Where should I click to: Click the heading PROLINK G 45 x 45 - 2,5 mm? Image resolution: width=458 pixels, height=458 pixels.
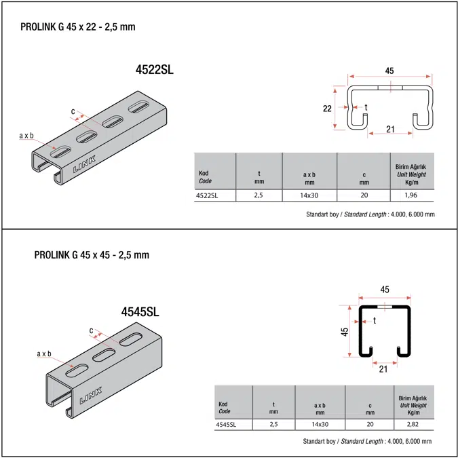pos(92,255)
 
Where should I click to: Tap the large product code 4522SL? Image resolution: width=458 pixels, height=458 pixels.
pos(155,69)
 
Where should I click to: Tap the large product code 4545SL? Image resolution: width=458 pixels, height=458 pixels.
pos(140,312)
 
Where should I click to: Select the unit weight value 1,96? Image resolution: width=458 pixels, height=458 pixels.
pos(410,195)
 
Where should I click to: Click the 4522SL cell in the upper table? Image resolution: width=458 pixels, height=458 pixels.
pos(206,195)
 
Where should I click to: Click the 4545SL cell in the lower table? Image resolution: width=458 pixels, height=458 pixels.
pos(225,425)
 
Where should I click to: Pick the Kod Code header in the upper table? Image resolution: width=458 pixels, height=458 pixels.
pos(204,177)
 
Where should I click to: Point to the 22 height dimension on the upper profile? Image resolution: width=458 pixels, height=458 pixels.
pos(326,108)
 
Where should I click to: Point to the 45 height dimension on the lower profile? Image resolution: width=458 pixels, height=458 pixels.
pos(345,331)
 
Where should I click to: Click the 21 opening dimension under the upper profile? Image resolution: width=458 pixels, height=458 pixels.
pos(391,130)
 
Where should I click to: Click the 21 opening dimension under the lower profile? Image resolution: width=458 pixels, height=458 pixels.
pos(383,368)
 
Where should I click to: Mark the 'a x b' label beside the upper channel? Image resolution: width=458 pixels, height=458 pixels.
pos(26,136)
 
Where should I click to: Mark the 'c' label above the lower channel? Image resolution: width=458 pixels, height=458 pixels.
pos(91,330)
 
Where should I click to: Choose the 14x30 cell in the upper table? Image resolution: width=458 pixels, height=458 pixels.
pos(309,195)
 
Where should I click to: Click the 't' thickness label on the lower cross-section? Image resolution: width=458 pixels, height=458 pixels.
pos(374,320)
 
